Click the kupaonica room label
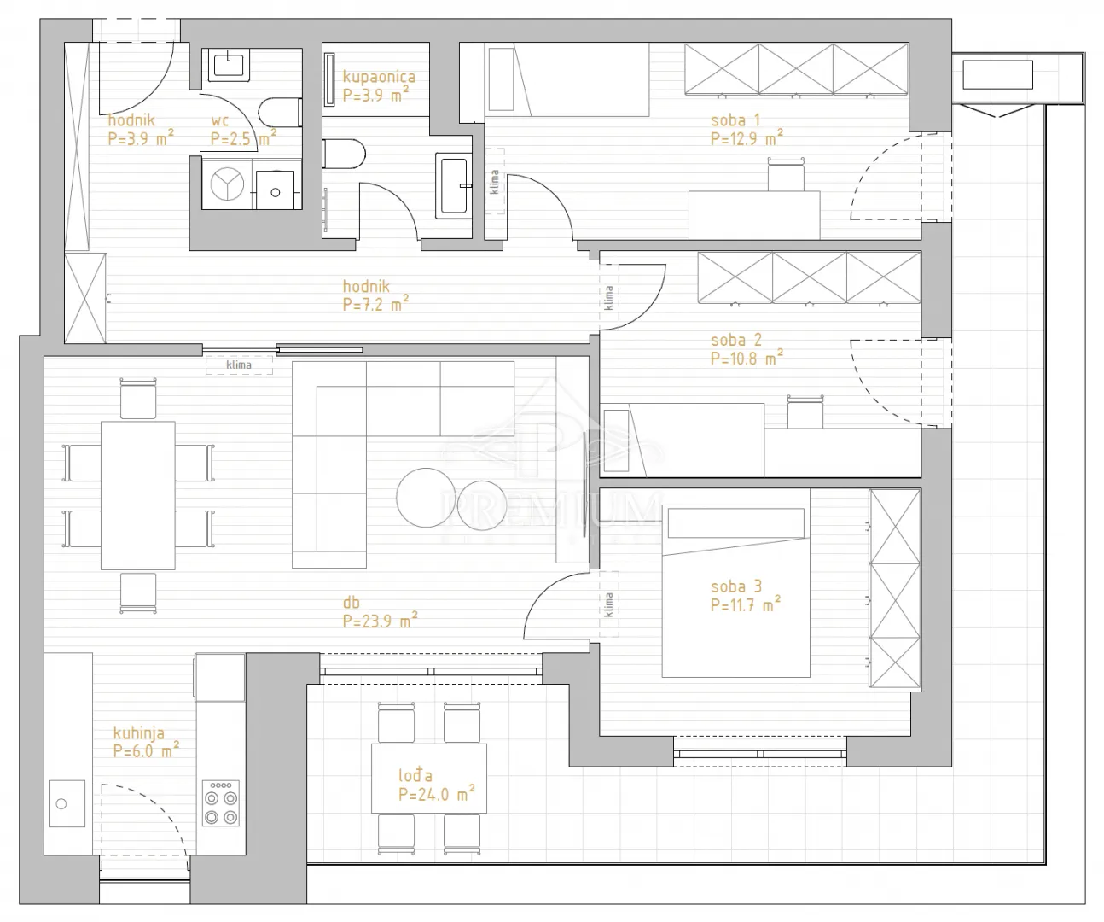pos(379,77)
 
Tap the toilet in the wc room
pos(280,112)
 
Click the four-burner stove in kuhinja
pos(220,802)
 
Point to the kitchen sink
pos(67,803)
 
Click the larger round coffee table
pos(427,498)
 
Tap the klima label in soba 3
pos(608,605)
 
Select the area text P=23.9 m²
pos(381,620)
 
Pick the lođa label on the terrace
pos(415,775)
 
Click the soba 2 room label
pos(736,340)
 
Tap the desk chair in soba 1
pos(786,174)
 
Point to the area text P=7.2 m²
pos(375,304)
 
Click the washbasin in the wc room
pos(229,65)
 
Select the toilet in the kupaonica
pos(344,154)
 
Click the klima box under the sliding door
pos(239,365)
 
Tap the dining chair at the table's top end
pos(138,399)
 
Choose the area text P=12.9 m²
pos(747,138)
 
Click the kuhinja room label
pos(138,733)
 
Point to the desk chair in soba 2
pos(805,411)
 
